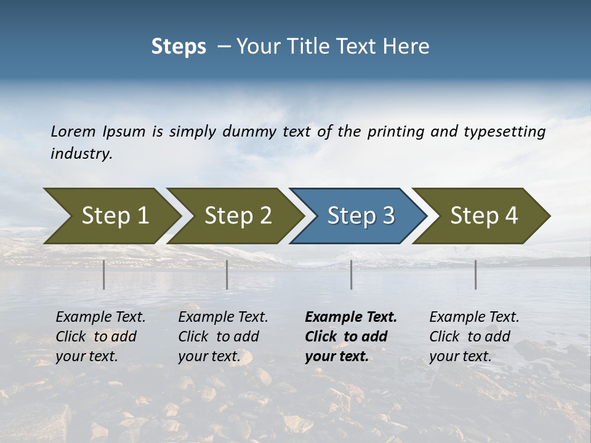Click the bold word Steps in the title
pyautogui.click(x=179, y=47)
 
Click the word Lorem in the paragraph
pyautogui.click(x=73, y=131)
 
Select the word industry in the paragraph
pyautogui.click(x=81, y=154)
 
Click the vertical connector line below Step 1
pyautogui.click(x=104, y=274)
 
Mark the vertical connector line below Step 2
pyautogui.click(x=227, y=274)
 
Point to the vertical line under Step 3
pyautogui.click(x=352, y=274)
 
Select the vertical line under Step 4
pyautogui.click(x=476, y=274)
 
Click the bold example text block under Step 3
pyautogui.click(x=350, y=337)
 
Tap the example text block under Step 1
pyautogui.click(x=100, y=337)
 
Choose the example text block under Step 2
pyautogui.click(x=223, y=337)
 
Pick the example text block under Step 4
pyautogui.click(x=474, y=337)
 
